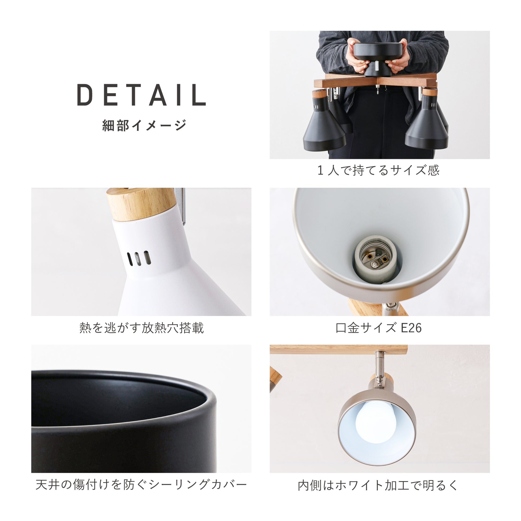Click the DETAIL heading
point(142,95)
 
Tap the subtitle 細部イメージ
point(144,125)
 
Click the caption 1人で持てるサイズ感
point(378,170)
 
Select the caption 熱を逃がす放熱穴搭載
point(142,328)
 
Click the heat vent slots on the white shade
point(139,258)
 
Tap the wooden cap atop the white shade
point(140,204)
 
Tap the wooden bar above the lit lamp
point(339,349)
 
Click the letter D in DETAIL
point(85,95)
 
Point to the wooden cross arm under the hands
point(376,80)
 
